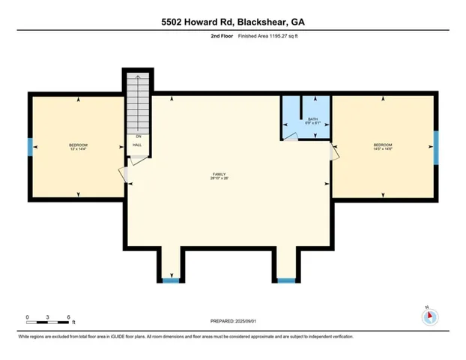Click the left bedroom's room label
pyautogui.click(x=79, y=146)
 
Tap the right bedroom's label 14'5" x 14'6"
pyautogui.click(x=383, y=148)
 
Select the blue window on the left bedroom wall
pyautogui.click(x=30, y=147)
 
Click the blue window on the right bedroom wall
pyautogui.click(x=435, y=146)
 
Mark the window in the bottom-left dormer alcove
pyautogui.click(x=171, y=280)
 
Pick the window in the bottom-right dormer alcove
pyautogui.click(x=285, y=280)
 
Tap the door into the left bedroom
pyautogui.click(x=125, y=174)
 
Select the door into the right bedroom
pyautogui.click(x=334, y=153)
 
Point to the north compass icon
pyautogui.click(x=429, y=316)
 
